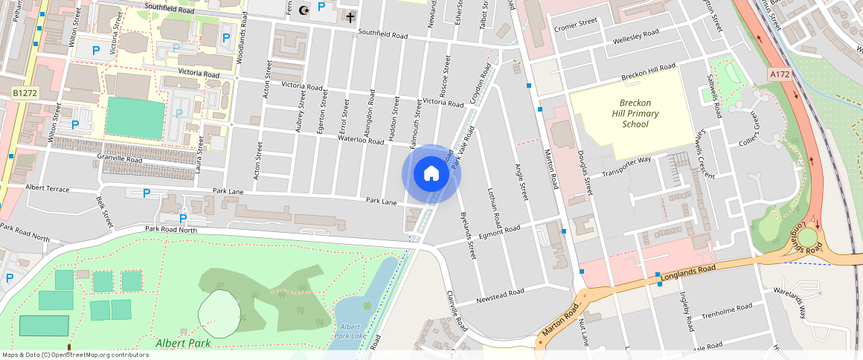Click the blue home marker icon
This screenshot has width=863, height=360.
click(431, 174)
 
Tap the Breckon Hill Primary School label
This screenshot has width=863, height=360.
click(625, 114)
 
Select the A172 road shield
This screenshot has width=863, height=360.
click(780, 74)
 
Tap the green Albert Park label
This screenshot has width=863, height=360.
click(183, 343)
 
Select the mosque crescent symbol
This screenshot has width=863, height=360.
click(302, 10)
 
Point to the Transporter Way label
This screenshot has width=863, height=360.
click(626, 164)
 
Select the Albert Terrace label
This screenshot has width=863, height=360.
click(47, 188)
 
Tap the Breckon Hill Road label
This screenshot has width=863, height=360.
click(648, 73)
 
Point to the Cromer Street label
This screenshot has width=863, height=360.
click(576, 25)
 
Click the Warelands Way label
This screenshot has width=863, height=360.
click(789, 301)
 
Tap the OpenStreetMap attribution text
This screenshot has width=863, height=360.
click(74, 355)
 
